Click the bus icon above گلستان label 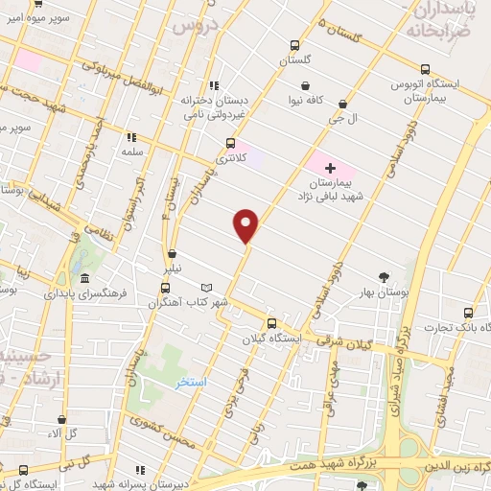click(294, 45)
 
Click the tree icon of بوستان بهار click(385, 277)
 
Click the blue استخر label click(192, 382)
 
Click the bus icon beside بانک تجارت click(468, 313)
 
